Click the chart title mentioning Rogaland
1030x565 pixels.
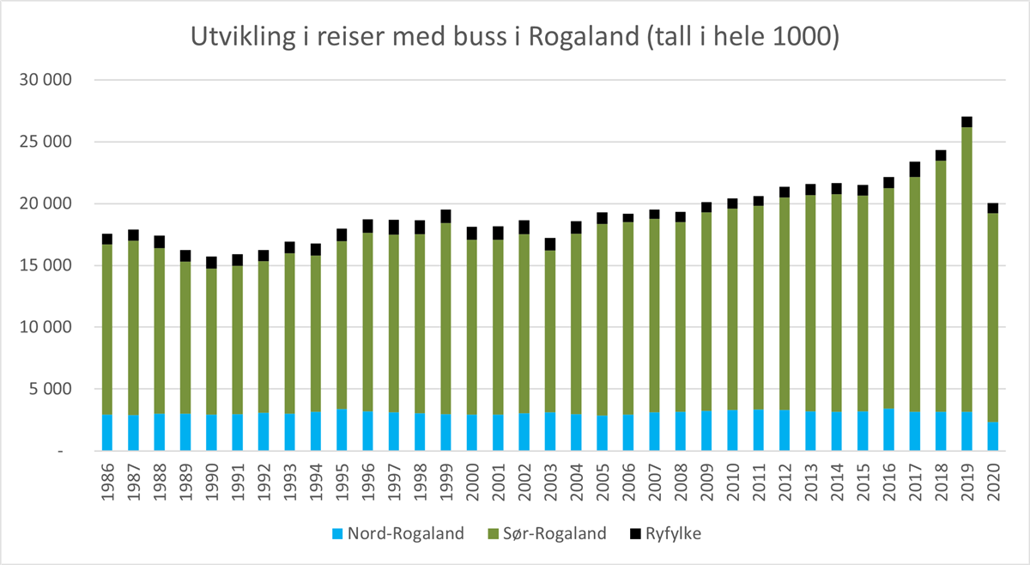pyautogui.click(x=514, y=38)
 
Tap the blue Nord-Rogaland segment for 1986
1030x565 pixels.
pyautogui.click(x=107, y=433)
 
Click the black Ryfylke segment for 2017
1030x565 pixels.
pyautogui.click(x=915, y=169)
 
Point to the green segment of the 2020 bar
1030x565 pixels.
pyautogui.click(x=992, y=317)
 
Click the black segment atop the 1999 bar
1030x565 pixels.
pyautogui.click(x=445, y=216)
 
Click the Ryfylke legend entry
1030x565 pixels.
pyautogui.click(x=669, y=533)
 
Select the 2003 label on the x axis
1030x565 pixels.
pyautogui.click(x=550, y=486)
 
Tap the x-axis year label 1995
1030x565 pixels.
pyautogui.click(x=342, y=486)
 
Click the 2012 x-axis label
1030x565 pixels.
pyautogui.click(x=785, y=486)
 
